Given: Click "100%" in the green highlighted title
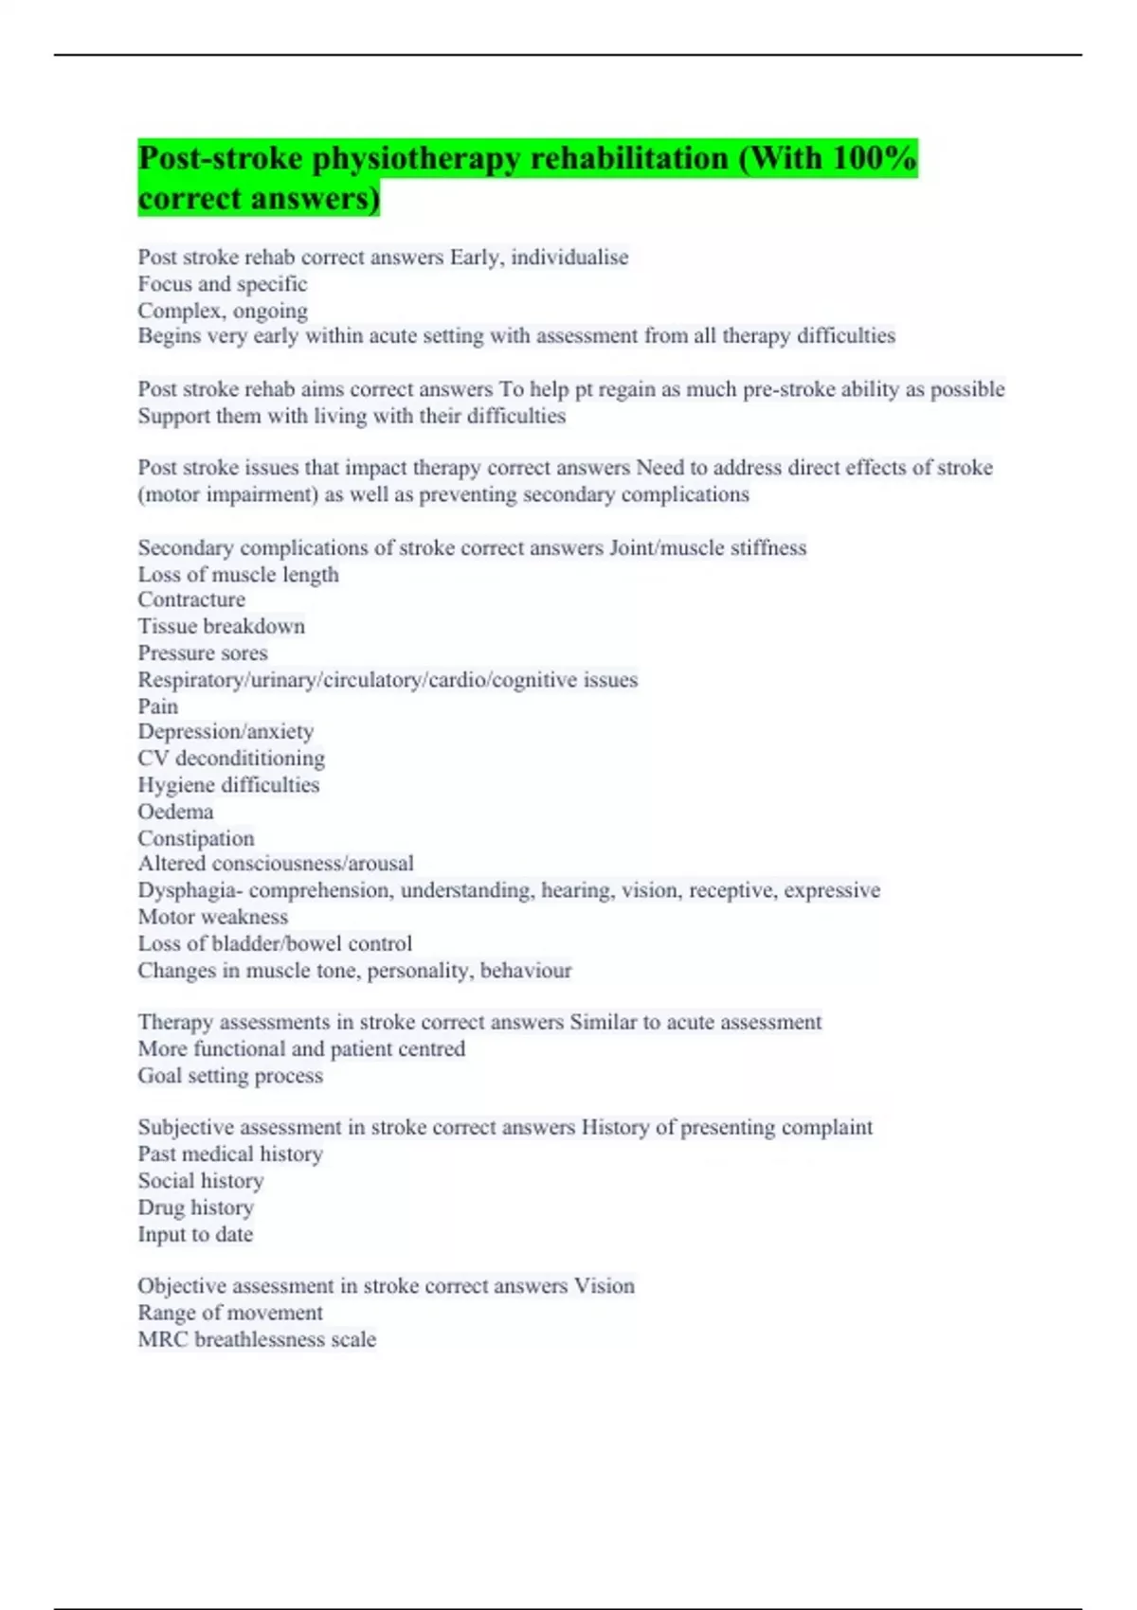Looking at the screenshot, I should tap(873, 158).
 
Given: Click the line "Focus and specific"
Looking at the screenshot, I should tap(223, 283).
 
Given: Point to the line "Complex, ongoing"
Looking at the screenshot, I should tap(223, 310).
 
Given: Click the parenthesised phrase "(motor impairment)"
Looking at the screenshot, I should tap(227, 493).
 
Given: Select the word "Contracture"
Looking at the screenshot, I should tap(191, 599).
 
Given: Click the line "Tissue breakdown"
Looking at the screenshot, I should tap(222, 626).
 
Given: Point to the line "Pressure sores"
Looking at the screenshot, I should tap(203, 653).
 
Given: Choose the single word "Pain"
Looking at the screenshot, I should tap(157, 706).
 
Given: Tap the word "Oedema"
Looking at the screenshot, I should tap(175, 812).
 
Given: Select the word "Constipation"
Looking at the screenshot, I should tap(196, 838).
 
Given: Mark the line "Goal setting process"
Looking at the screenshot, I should tap(230, 1075).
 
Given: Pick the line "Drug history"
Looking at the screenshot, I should tap(196, 1207).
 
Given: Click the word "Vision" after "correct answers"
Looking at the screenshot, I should tap(605, 1285).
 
